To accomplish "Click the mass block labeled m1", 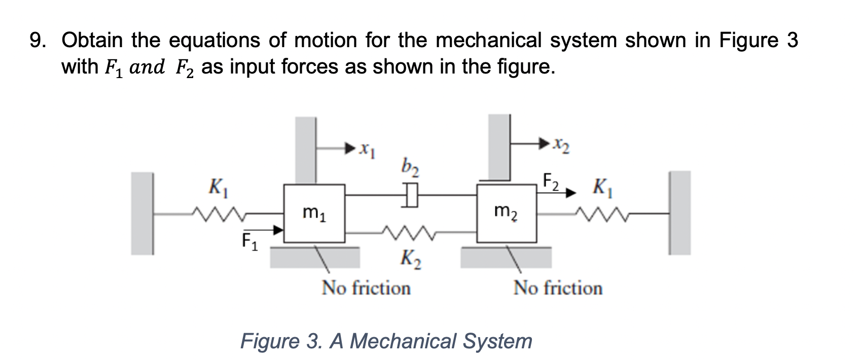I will [314, 213].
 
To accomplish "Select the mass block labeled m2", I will [507, 213].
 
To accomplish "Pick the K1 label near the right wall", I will [605, 189].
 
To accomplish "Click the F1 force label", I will [249, 241].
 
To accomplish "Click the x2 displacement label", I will [561, 147].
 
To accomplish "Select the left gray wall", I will [142, 213].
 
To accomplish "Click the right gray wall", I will [680, 212].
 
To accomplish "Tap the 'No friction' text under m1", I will [366, 288].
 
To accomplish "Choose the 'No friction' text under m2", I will [558, 288].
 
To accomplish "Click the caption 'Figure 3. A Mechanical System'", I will [386, 341].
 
